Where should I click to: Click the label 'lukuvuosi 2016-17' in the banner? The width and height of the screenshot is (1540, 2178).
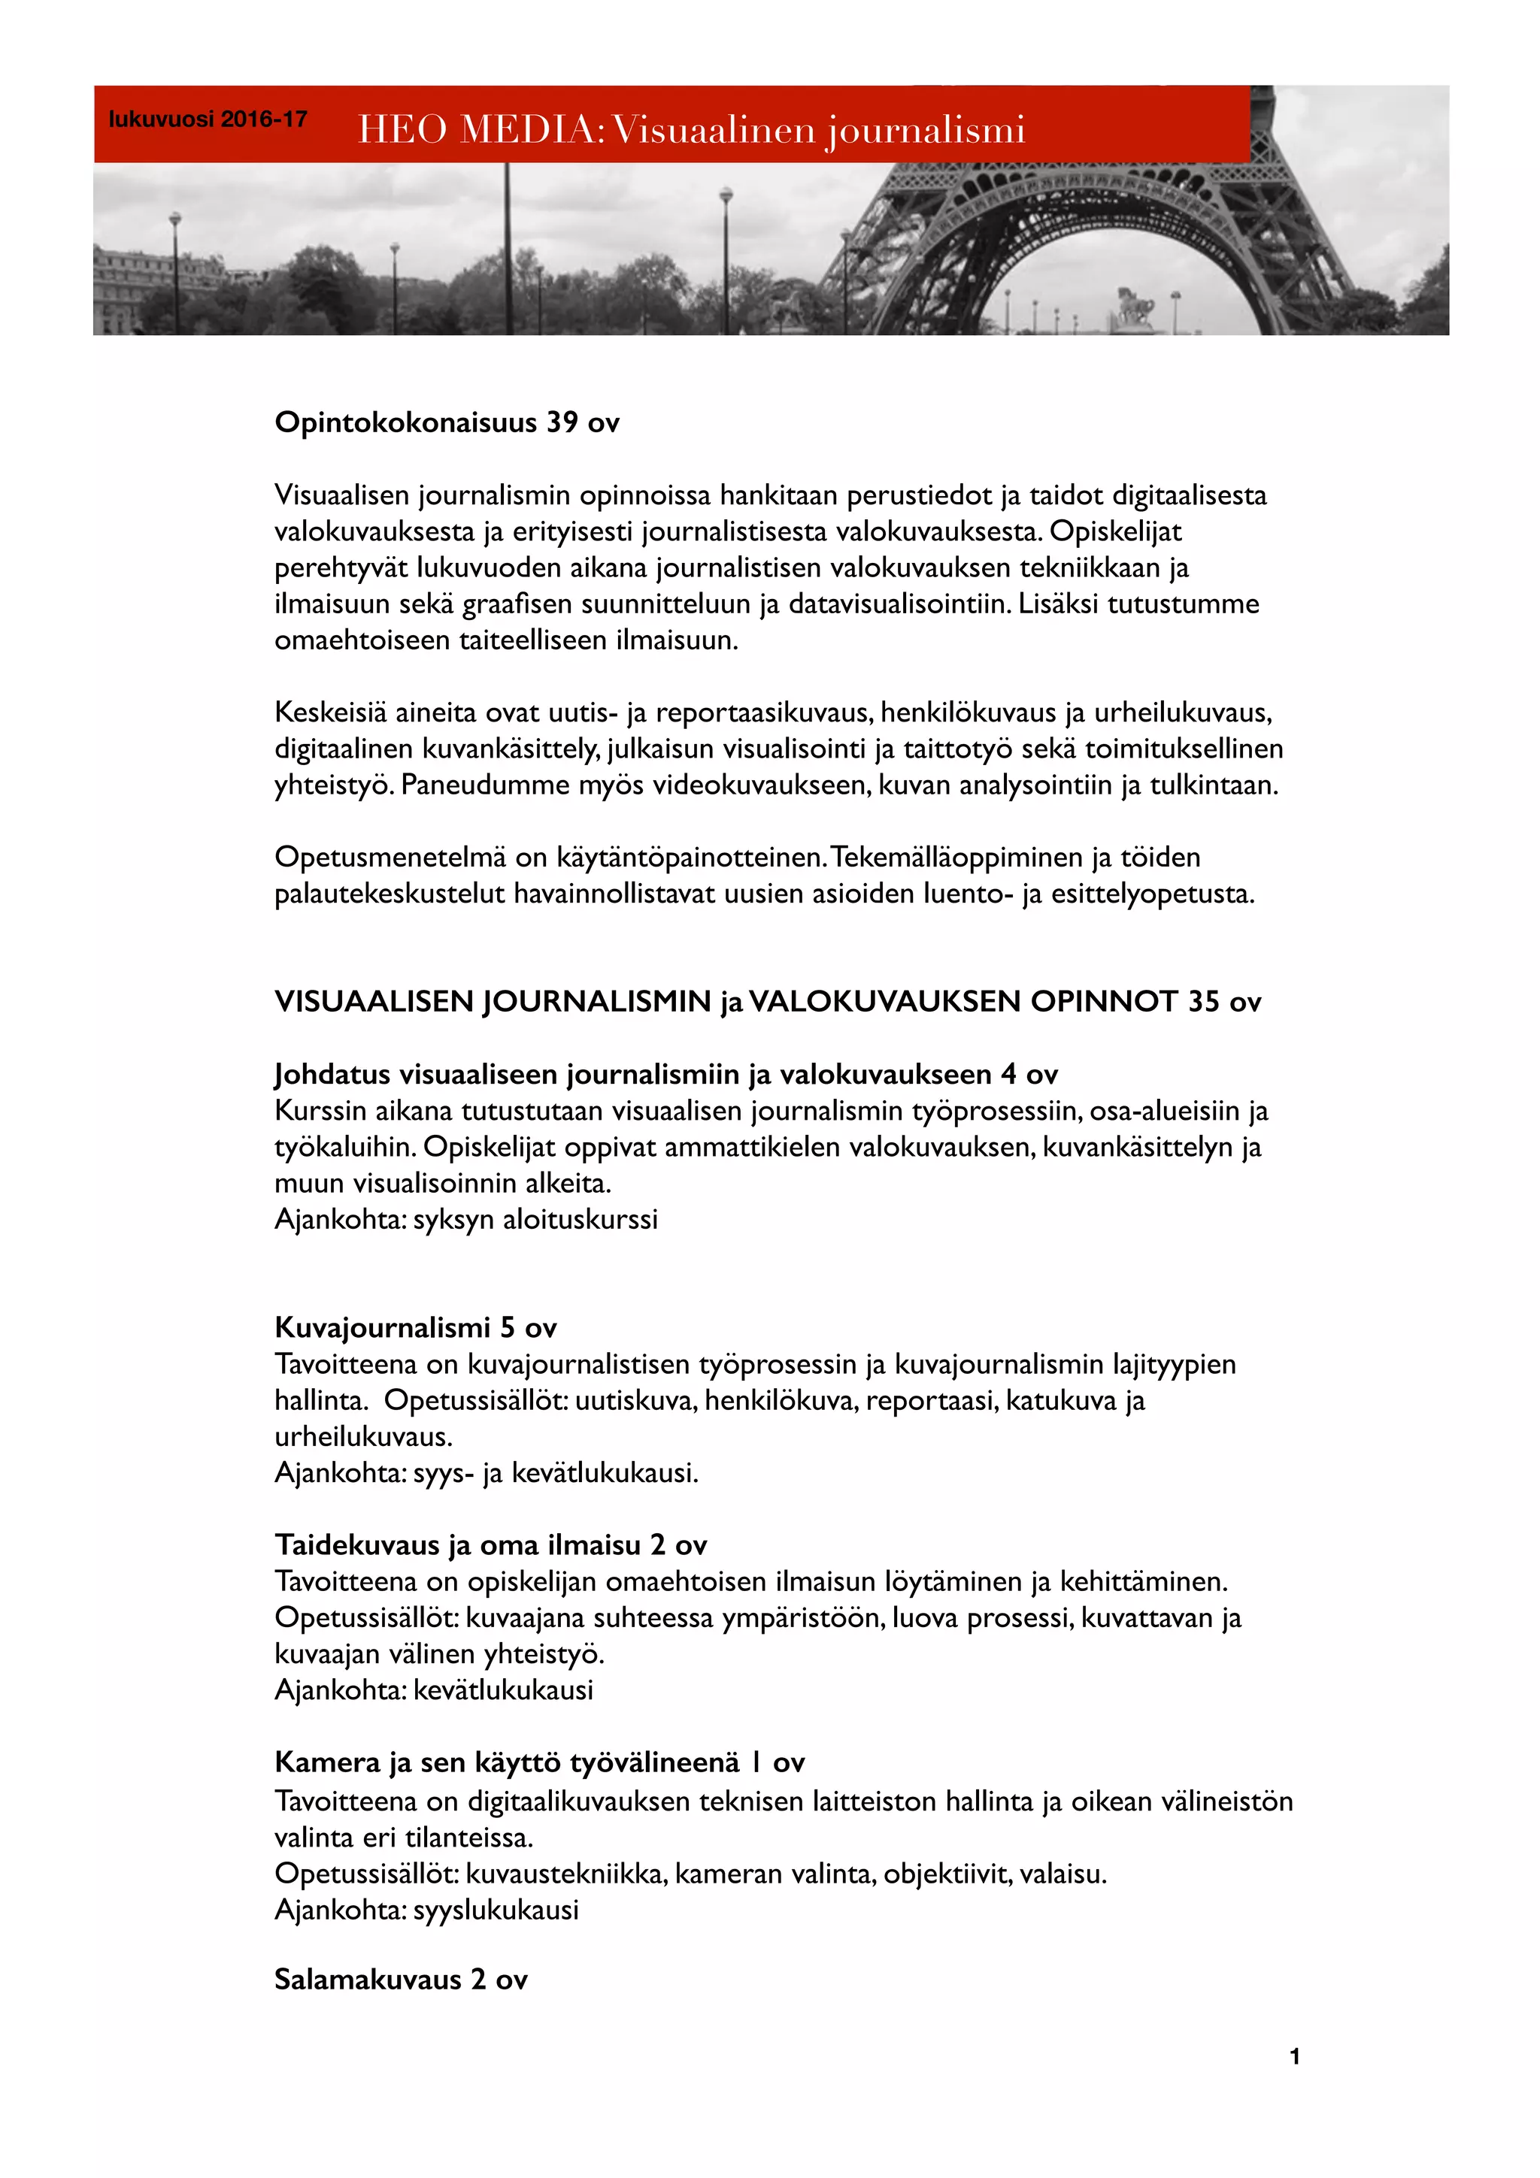(x=208, y=119)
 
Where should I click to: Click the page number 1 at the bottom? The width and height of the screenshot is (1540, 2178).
(x=1294, y=2056)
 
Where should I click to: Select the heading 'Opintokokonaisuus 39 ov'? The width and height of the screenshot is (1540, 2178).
(x=446, y=422)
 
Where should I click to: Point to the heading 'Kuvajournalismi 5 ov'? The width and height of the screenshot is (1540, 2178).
(x=416, y=1327)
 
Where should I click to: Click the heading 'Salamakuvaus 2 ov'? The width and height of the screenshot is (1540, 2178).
(x=401, y=1980)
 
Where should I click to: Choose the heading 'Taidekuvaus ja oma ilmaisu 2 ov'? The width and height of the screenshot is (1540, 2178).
(x=490, y=1545)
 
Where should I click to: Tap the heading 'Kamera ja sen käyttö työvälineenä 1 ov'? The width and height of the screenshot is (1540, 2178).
(x=539, y=1762)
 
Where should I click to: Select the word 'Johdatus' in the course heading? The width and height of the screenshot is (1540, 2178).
(x=332, y=1075)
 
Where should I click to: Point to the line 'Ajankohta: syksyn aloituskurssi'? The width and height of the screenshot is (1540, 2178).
(x=466, y=1219)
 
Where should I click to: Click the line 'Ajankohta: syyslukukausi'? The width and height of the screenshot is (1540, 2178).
(x=426, y=1910)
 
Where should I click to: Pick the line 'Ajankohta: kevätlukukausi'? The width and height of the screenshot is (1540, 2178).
(x=434, y=1689)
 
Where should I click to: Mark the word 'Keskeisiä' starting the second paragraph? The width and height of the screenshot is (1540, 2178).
(x=330, y=712)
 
